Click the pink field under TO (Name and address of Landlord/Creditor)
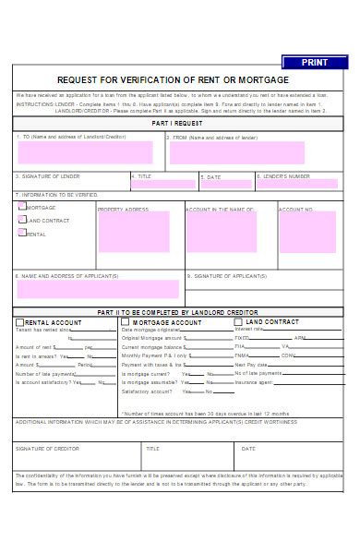[x=85, y=152]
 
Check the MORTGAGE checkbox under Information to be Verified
[x=21, y=208]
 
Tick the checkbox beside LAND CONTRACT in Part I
[x=21, y=220]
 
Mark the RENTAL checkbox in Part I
[x=21, y=233]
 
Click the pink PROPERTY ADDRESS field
[x=134, y=232]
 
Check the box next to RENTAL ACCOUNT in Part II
[x=20, y=322]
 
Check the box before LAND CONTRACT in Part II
[x=238, y=322]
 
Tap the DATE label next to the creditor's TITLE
[x=248, y=448]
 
